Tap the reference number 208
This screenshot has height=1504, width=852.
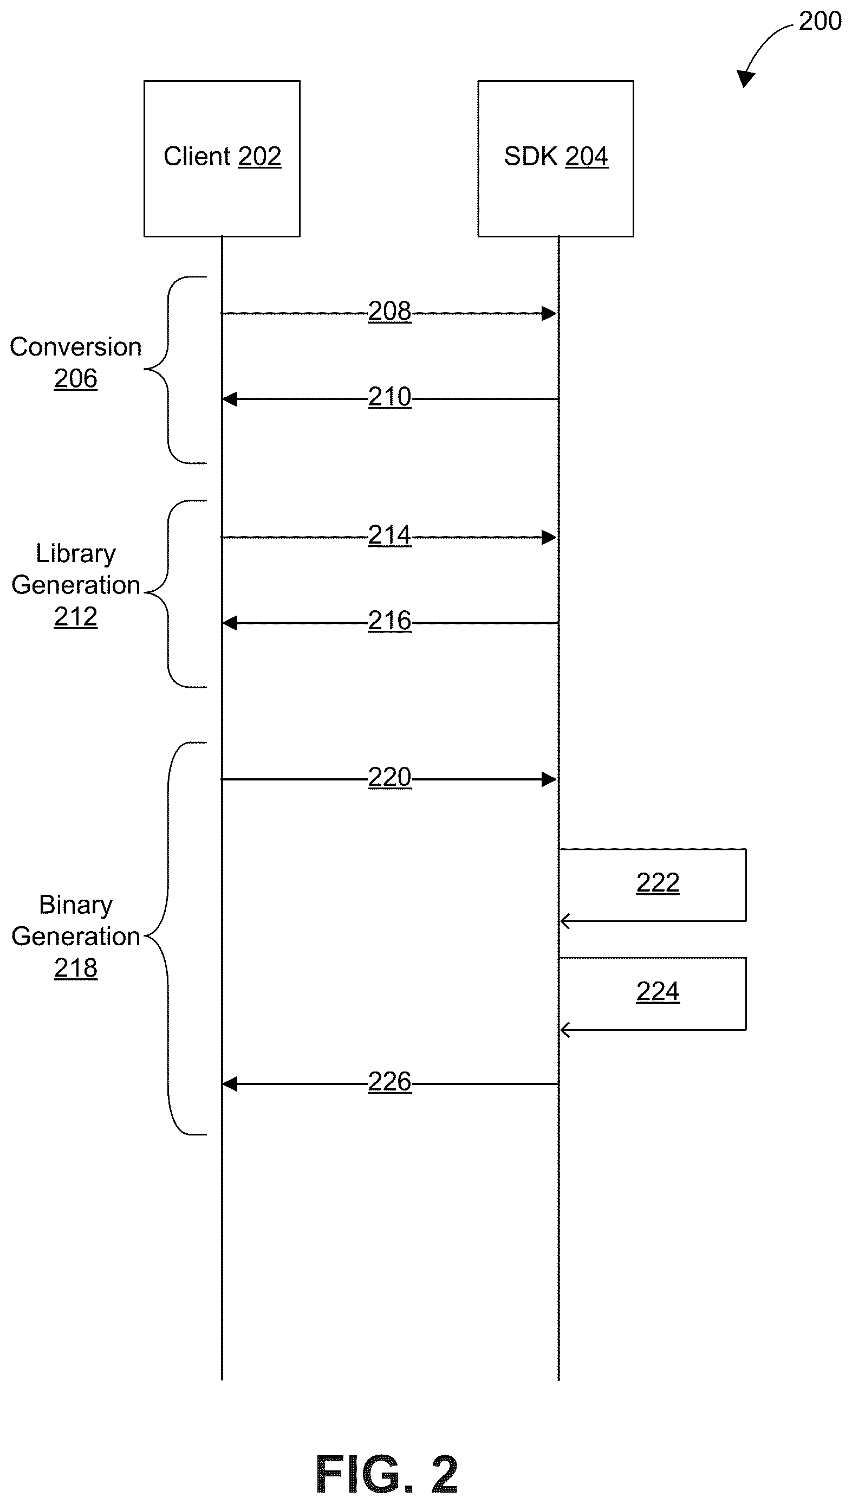coord(390,312)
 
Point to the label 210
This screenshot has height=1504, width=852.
coord(390,397)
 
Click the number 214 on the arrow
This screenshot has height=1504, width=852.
coord(390,535)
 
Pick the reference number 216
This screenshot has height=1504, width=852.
coord(390,621)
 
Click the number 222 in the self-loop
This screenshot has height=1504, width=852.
coord(658,883)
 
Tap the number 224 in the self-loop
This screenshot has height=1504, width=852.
coord(658,992)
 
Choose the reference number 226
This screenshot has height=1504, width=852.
coord(390,1082)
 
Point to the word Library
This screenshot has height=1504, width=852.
coord(76,554)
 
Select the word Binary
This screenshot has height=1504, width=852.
coord(76,905)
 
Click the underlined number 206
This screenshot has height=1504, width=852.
coord(75,379)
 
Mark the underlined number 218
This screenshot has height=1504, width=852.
coord(75,969)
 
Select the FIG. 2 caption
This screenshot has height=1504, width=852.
coord(387,1474)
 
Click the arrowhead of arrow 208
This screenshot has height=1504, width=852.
coord(549,314)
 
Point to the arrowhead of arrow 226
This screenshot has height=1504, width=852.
coord(230,1085)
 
